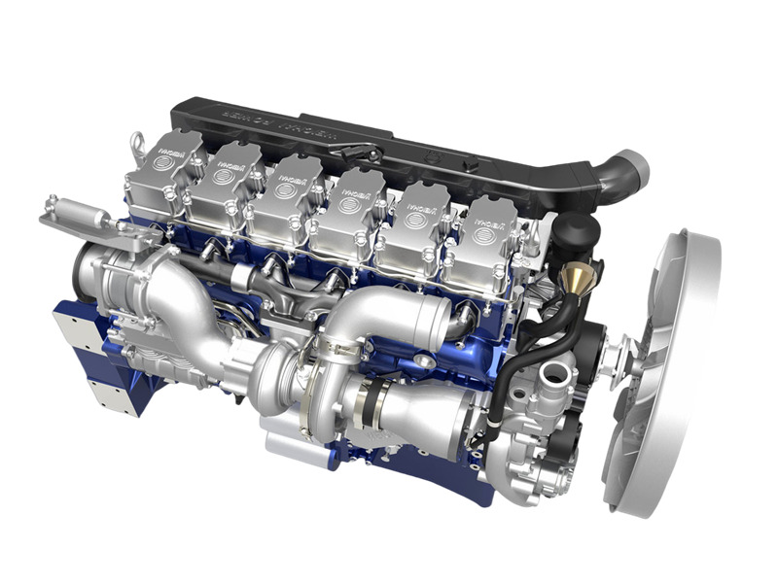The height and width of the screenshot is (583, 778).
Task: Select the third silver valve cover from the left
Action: (x=283, y=195)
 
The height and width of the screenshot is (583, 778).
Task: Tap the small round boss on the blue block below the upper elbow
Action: (x=424, y=361)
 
